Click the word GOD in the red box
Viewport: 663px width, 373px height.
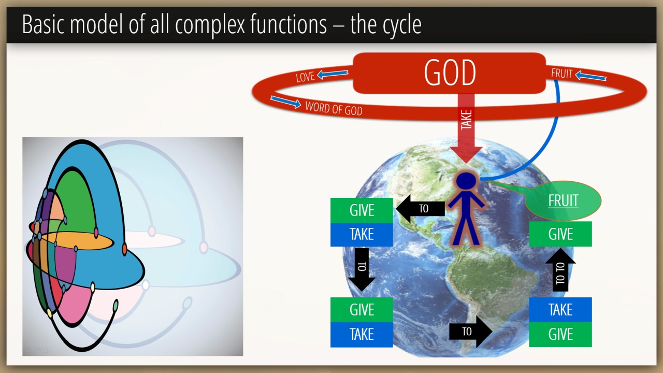pyautogui.click(x=450, y=73)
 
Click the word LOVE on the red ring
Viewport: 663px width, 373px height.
pyautogui.click(x=305, y=77)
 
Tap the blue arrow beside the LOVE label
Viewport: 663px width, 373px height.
pyautogui.click(x=333, y=74)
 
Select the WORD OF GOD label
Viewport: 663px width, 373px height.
pyautogui.click(x=334, y=108)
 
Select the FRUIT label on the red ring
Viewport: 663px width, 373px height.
pyautogui.click(x=561, y=74)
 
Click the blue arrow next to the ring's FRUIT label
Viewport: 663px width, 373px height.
pyautogui.click(x=591, y=76)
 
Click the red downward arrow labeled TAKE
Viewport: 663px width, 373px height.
pyautogui.click(x=466, y=128)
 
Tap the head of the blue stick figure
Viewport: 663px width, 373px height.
pyautogui.click(x=466, y=181)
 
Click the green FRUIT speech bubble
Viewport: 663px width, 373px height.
pyautogui.click(x=563, y=200)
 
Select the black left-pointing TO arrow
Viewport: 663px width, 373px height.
pyautogui.click(x=420, y=208)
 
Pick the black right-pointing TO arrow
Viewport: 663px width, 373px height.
pyautogui.click(x=471, y=332)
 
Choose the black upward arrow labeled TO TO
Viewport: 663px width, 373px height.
pyautogui.click(x=560, y=270)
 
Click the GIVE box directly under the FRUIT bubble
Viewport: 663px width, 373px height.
pyautogui.click(x=560, y=234)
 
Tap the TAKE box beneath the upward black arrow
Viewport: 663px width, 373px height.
pyautogui.click(x=560, y=310)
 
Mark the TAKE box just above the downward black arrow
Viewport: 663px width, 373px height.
pyautogui.click(x=362, y=235)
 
